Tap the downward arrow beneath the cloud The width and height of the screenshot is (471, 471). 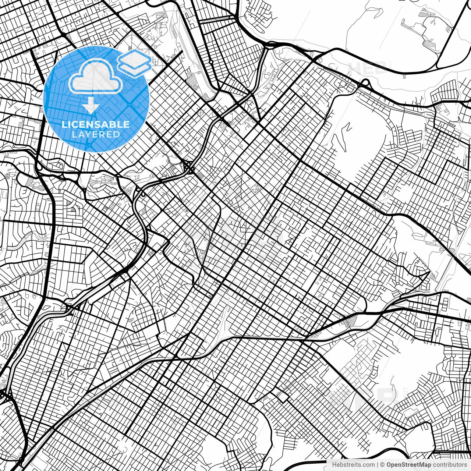91,106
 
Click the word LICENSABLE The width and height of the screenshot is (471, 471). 96,124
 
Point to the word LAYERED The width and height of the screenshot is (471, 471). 96,135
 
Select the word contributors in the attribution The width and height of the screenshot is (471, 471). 449,464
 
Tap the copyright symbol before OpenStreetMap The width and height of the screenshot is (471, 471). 383,464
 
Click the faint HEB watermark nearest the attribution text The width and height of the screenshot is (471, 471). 364,396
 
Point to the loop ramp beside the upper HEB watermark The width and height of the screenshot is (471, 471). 366,83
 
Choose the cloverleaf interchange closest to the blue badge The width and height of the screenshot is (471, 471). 189,168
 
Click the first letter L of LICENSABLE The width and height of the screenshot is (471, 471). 64,124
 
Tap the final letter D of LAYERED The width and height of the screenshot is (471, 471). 117,135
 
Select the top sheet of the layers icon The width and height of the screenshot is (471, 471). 134,58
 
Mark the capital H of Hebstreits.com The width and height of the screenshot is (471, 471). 334,464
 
